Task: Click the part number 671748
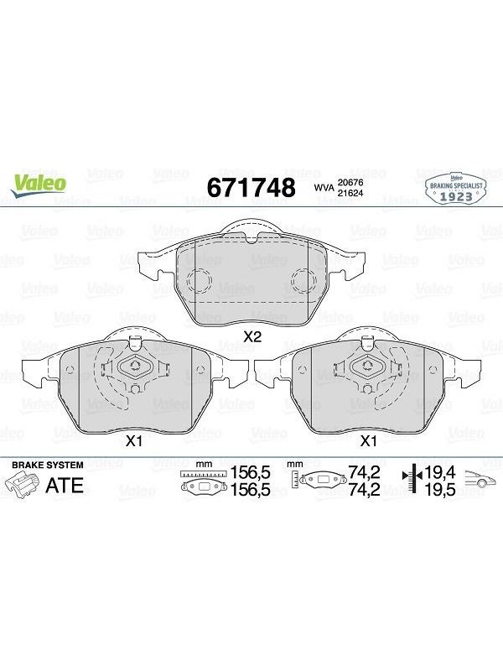point(251,187)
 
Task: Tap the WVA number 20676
point(350,183)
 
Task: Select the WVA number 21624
point(350,193)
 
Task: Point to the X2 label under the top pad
point(252,337)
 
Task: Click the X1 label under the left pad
point(133,441)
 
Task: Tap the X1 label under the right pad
point(368,441)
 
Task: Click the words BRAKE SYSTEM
point(48,465)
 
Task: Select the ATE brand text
point(65,486)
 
